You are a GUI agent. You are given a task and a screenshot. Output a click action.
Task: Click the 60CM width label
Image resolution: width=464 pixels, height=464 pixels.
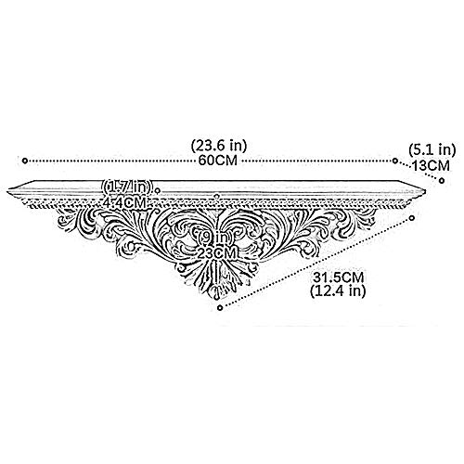pyautogui.click(x=218, y=161)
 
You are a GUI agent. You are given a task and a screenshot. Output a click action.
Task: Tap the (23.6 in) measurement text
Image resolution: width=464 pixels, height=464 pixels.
pyautogui.click(x=219, y=146)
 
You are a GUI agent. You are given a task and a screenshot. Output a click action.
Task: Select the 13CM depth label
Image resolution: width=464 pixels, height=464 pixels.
pyautogui.click(x=432, y=165)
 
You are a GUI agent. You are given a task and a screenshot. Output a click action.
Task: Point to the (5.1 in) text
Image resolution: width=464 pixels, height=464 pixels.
pyautogui.click(x=432, y=150)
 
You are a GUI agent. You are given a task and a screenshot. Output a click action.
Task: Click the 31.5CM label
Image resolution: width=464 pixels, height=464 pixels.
pyautogui.click(x=338, y=277)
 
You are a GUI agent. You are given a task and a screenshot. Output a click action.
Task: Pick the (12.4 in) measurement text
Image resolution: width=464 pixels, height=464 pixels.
pyautogui.click(x=338, y=291)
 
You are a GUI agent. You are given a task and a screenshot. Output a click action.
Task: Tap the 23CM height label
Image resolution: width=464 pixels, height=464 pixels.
pyautogui.click(x=218, y=253)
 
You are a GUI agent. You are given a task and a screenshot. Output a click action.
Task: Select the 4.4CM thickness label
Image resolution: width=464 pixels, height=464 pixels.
pyautogui.click(x=124, y=203)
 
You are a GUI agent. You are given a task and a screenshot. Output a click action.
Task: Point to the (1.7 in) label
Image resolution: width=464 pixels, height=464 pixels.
pyautogui.click(x=128, y=187)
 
